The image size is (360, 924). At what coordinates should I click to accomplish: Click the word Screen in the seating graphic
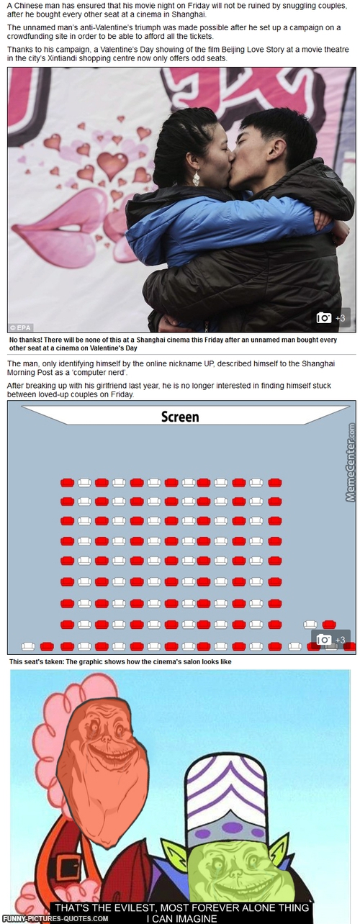click(x=180, y=417)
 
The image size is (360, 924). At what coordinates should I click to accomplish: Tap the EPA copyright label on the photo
click(x=21, y=328)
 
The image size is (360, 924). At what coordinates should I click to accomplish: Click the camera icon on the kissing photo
click(x=324, y=318)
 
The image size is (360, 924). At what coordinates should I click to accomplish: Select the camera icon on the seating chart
click(x=324, y=639)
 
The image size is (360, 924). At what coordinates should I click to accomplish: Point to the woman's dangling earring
click(x=196, y=178)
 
